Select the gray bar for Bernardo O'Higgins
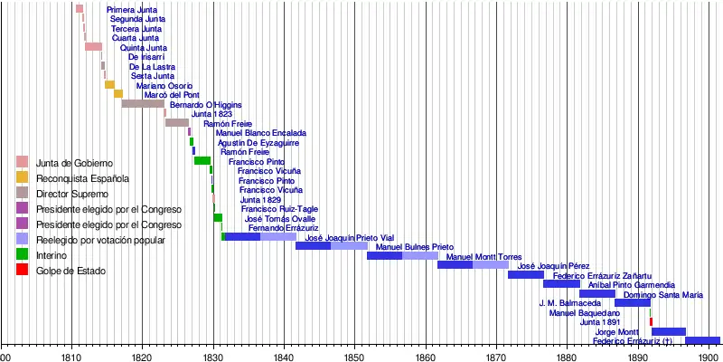point(143,103)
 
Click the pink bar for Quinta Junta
point(93,46)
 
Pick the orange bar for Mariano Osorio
point(109,84)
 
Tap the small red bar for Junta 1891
point(651,321)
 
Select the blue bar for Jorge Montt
point(669,331)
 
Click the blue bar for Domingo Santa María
point(633,302)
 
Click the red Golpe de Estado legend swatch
point(23,271)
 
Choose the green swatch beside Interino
point(23,255)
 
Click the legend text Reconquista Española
point(76,178)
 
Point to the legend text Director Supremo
point(70,194)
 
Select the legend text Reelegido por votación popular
point(100,240)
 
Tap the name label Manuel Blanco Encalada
point(260,133)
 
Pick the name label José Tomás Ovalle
point(279,218)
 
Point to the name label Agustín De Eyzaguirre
point(258,143)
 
